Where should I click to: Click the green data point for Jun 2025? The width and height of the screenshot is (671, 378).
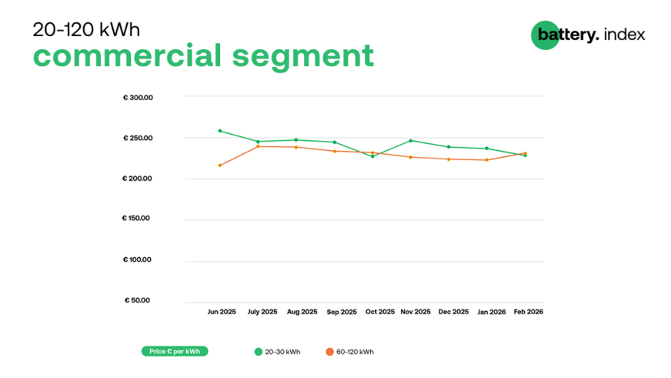(x=220, y=131)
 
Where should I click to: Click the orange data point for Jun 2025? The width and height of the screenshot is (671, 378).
(x=220, y=166)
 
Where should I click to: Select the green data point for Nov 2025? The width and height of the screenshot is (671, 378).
(x=410, y=140)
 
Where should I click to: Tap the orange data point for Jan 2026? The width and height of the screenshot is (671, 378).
(x=486, y=160)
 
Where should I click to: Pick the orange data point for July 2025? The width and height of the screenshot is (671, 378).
(x=258, y=146)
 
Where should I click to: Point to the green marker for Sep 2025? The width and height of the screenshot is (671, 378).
(x=334, y=142)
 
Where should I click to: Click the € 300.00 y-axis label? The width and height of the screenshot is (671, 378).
(x=138, y=98)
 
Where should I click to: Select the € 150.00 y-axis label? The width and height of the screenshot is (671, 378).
(x=138, y=219)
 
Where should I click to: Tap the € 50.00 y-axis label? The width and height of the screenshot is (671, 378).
(x=139, y=300)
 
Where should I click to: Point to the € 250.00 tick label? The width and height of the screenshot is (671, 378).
(x=138, y=139)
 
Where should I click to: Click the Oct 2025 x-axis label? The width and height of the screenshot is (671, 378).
(x=380, y=313)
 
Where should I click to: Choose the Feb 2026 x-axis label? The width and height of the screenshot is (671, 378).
(x=529, y=313)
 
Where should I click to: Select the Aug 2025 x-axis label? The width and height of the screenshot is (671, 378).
(x=302, y=313)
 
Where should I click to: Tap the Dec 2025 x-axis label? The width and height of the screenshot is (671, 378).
(x=453, y=313)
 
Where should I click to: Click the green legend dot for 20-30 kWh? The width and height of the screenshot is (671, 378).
(x=259, y=352)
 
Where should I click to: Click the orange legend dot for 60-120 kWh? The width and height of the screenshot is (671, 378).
(x=329, y=352)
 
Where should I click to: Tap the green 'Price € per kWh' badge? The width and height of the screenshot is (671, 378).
(x=175, y=352)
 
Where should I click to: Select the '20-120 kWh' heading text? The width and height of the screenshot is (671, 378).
(x=86, y=29)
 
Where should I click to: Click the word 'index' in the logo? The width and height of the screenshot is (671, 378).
(x=625, y=35)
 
